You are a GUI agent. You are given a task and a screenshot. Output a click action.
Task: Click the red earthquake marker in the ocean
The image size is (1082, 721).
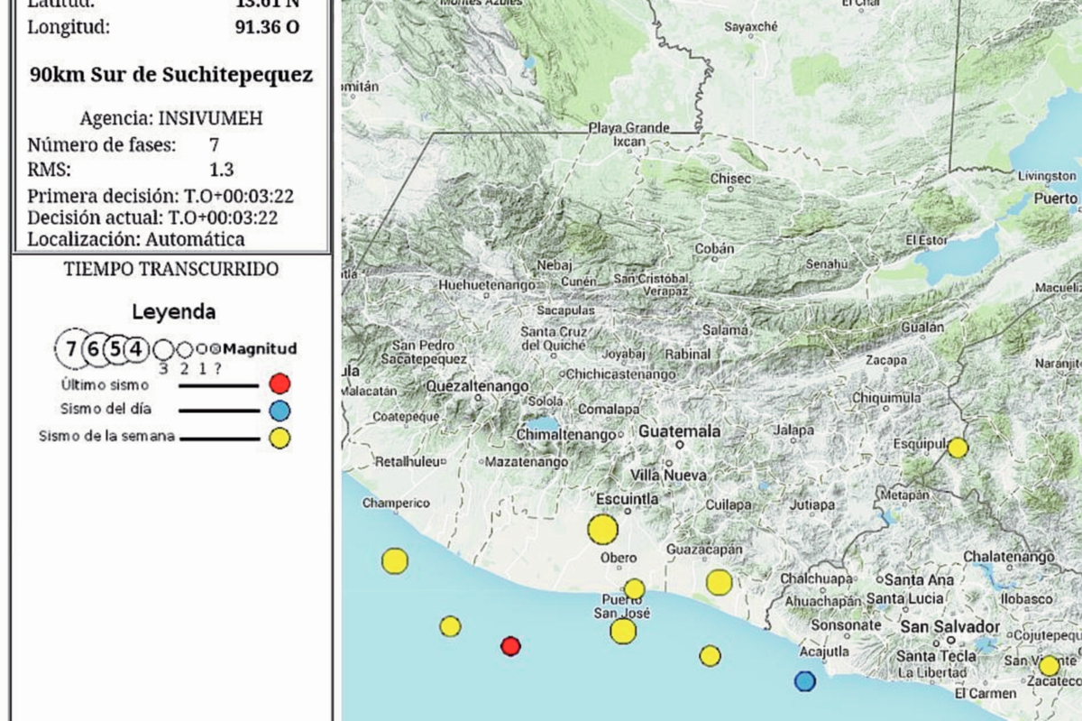[x=510, y=645]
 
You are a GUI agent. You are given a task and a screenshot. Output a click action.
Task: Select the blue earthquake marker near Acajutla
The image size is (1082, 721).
[x=804, y=680]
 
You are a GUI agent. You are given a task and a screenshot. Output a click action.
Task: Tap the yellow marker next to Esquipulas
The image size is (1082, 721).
[x=958, y=448]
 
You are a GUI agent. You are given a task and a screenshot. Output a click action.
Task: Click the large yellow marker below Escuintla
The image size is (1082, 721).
[x=602, y=529]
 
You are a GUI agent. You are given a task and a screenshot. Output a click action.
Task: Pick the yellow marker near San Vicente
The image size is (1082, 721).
[x=1049, y=666]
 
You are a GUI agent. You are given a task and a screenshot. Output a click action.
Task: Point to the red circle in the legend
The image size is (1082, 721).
[x=280, y=384]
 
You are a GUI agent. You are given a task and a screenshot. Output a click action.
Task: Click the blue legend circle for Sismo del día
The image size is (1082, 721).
[x=280, y=411]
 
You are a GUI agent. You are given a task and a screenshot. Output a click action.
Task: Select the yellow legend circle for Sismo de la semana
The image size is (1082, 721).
[x=280, y=439]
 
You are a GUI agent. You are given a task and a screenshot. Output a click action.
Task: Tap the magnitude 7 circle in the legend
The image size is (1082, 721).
[x=70, y=349]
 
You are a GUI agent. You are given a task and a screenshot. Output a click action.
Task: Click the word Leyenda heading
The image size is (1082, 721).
[x=174, y=313]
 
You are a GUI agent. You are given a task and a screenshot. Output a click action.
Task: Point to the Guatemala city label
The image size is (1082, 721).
[x=679, y=431]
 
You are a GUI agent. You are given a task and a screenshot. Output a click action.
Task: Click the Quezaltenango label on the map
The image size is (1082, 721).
[x=477, y=386]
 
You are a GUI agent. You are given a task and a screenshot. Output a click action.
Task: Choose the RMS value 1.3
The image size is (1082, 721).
[x=221, y=170]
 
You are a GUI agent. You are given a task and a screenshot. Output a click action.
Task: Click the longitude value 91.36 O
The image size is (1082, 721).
[x=267, y=27]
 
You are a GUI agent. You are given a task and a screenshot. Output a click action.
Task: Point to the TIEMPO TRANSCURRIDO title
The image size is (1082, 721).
[x=171, y=269]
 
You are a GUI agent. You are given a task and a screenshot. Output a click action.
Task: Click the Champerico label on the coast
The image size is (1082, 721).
[x=396, y=503]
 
